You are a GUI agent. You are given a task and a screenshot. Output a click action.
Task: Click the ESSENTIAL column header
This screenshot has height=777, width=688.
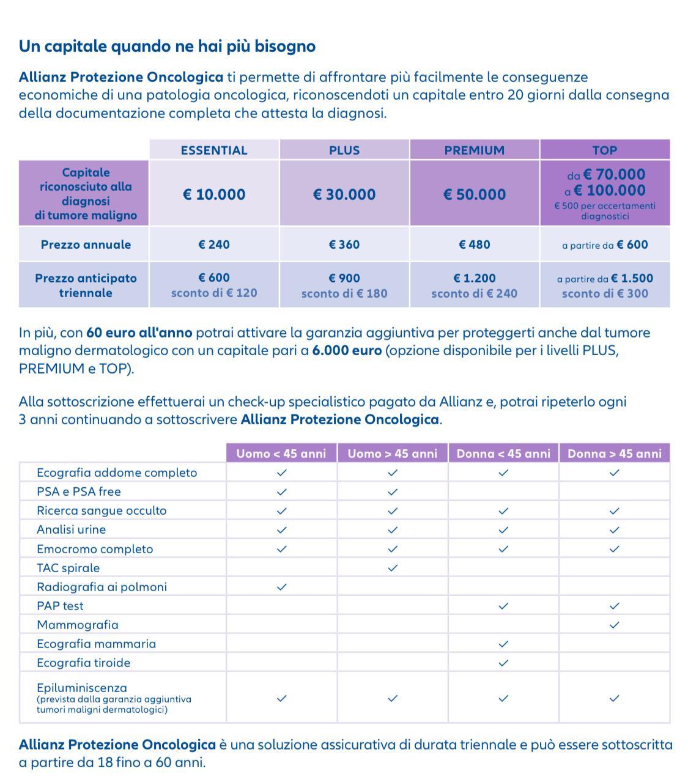(214, 150)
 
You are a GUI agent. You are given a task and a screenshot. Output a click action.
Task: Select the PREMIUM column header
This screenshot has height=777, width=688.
(474, 150)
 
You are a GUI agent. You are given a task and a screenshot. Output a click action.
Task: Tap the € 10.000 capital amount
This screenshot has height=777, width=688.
(214, 194)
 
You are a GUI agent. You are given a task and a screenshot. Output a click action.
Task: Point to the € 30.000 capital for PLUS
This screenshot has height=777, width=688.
(344, 194)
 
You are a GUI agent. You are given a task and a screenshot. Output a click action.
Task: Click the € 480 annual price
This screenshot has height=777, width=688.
(474, 245)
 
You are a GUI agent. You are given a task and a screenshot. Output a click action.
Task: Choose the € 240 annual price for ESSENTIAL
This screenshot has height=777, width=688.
(214, 245)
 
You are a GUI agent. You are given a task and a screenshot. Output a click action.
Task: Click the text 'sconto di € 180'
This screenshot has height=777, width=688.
(344, 293)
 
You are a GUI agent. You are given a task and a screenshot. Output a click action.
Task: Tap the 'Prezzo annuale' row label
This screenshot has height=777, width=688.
(86, 245)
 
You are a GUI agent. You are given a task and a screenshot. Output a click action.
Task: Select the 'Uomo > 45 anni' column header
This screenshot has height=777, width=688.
(393, 454)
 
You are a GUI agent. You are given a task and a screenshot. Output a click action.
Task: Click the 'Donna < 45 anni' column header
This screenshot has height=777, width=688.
(503, 454)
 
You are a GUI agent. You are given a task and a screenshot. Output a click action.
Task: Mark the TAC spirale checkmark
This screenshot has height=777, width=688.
(393, 568)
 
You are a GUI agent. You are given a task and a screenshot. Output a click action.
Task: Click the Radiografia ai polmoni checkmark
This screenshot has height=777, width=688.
(281, 587)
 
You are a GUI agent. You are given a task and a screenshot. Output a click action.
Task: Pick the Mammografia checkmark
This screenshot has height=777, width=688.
(615, 625)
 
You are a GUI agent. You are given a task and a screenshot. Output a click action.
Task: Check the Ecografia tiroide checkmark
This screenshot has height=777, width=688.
(503, 663)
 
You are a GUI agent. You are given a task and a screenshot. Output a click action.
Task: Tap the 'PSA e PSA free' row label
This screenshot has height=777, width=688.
(79, 492)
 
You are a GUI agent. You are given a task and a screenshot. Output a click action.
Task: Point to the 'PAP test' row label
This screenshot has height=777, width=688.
(60, 606)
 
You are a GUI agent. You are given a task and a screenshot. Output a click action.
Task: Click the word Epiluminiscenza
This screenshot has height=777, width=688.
(82, 688)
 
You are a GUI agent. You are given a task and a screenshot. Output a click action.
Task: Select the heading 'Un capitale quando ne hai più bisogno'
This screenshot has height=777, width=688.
(167, 46)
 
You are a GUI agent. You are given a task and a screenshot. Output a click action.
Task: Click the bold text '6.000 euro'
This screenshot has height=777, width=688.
(347, 351)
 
